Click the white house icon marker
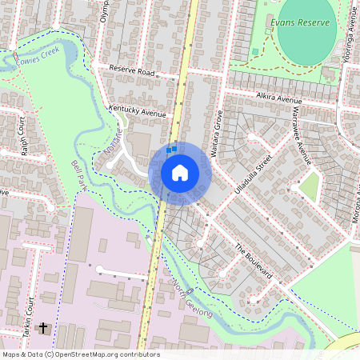pyautogui.click(x=180, y=172)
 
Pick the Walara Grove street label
pyautogui.click(x=215, y=132)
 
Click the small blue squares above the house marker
pyautogui.click(x=170, y=148)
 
